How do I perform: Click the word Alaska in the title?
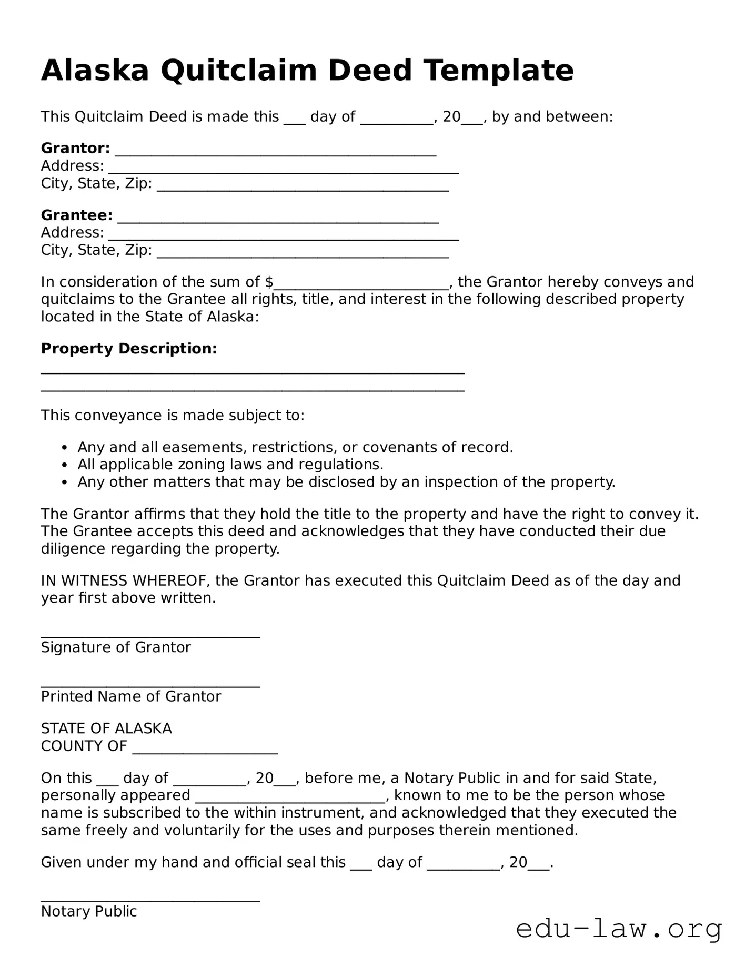[x=95, y=70]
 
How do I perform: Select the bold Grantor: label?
[x=75, y=149]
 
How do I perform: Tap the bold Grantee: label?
[x=77, y=215]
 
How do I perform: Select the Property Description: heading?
[x=129, y=349]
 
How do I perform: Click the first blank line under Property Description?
[x=253, y=371]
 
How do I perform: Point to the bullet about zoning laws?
[x=230, y=465]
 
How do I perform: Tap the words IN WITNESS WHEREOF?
[x=125, y=580]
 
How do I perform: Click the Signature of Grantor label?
[x=116, y=647]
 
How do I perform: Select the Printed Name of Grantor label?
[x=131, y=696]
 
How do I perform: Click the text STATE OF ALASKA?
[x=106, y=728]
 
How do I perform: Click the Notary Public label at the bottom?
[x=89, y=911]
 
